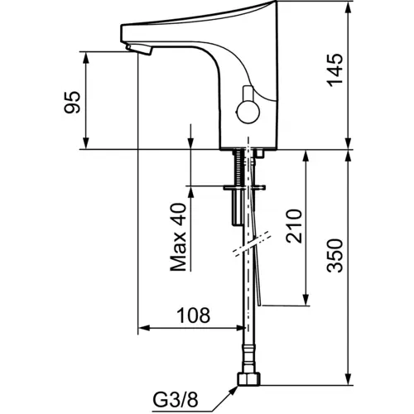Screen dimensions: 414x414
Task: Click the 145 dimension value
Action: pos(335,70)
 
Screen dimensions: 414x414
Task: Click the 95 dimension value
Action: pos(72,102)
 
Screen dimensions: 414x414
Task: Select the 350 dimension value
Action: pos(335,256)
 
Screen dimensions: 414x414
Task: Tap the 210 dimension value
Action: pos(294,226)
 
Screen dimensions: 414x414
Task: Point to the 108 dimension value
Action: pos(193,315)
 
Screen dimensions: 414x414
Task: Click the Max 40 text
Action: pos(178,237)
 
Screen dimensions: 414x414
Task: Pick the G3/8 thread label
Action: pos(176,400)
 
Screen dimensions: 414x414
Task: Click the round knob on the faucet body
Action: pos(248,113)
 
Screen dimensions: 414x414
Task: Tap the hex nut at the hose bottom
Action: pos(248,378)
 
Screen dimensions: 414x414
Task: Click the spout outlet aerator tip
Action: pos(139,50)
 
